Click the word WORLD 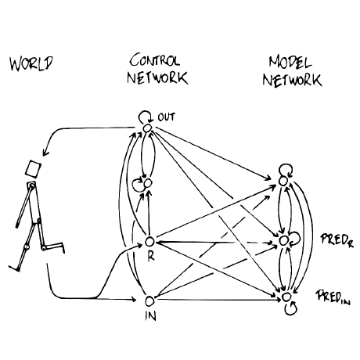[31, 63]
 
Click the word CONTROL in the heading [155, 60]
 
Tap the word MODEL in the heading [290, 62]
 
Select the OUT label [167, 117]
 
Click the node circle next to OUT [147, 128]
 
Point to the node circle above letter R [149, 242]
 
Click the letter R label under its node [151, 256]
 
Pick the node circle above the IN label [149, 301]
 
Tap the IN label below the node [151, 316]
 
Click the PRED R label [337, 240]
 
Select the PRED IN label [333, 297]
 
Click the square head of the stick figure [33, 169]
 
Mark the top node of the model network [283, 181]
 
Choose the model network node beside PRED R [283, 241]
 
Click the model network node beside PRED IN [286, 297]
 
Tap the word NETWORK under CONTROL [157, 77]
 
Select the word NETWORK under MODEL [292, 80]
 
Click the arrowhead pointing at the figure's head [45, 153]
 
